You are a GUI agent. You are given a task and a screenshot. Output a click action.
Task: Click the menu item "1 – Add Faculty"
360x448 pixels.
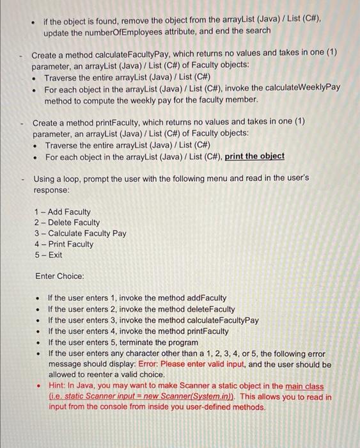62,212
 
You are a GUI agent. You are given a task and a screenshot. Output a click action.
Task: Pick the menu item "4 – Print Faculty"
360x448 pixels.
63,244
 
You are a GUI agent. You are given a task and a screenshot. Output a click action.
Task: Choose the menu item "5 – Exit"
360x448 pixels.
49,255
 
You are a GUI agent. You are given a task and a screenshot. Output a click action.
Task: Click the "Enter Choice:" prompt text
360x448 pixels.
59,276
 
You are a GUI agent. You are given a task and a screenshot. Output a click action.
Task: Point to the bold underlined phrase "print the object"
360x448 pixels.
255,157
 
